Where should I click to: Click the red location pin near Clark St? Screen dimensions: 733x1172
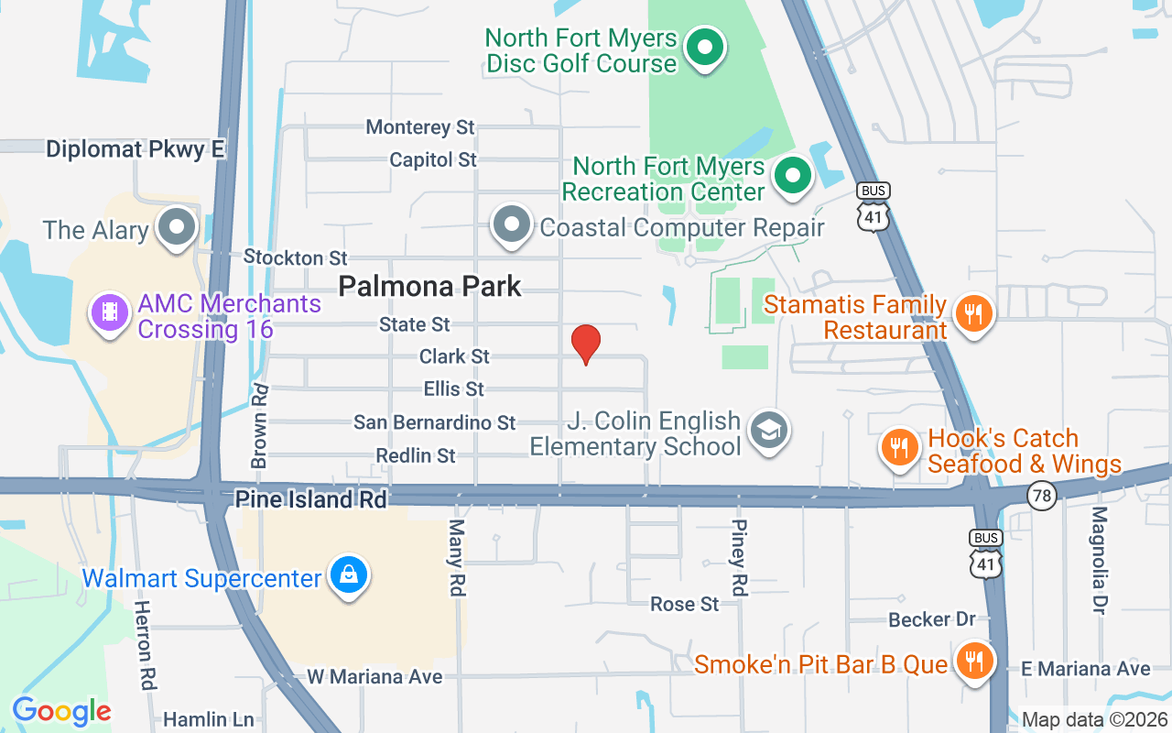585,343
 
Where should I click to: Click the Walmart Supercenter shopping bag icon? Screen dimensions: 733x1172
349,574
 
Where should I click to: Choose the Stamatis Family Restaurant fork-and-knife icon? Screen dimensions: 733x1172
972,314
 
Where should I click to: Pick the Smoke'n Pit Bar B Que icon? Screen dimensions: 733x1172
974,660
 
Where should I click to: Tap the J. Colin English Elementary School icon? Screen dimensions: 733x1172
768,429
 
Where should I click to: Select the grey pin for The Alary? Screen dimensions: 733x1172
176,225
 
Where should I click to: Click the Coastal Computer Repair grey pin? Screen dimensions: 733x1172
511,224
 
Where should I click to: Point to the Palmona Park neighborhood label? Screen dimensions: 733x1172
429,286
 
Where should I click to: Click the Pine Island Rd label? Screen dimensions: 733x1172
311,499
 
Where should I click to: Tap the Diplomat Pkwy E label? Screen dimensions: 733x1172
136,149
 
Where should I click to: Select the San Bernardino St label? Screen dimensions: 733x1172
435,422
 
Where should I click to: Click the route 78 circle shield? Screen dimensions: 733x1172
1042,496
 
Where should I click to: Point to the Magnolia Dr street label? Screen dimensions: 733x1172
1100,559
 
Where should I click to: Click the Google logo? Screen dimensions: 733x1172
61,710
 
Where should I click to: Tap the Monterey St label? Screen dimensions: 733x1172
420,126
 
